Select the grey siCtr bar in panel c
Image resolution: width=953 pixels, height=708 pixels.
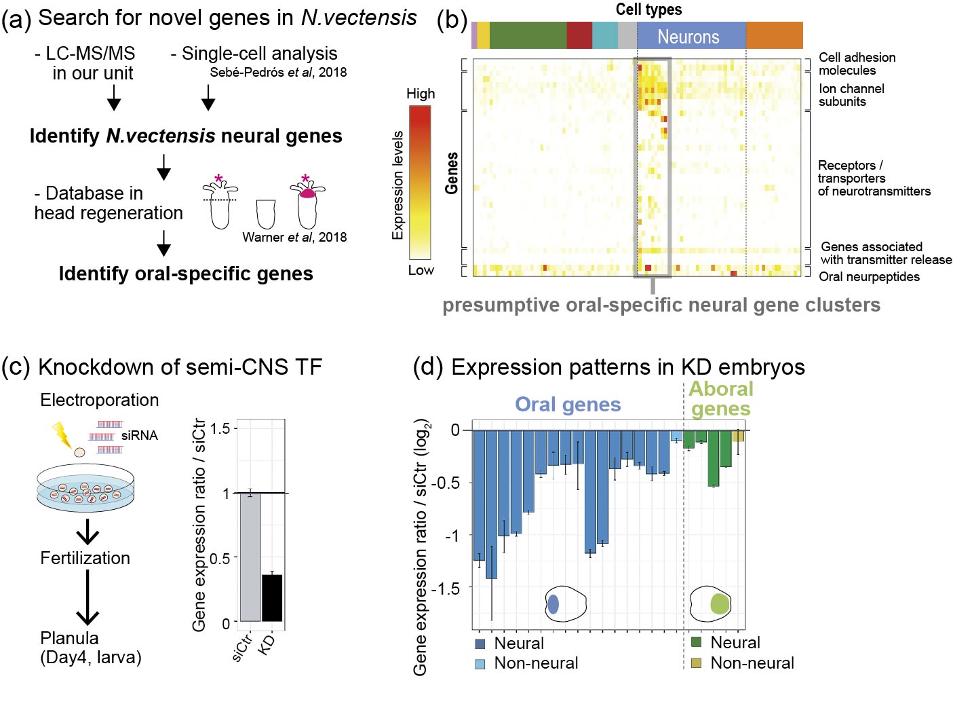pyautogui.click(x=250, y=557)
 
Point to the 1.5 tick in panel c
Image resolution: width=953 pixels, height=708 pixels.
pyautogui.click(x=220, y=428)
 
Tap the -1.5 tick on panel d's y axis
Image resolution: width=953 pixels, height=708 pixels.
pyautogui.click(x=445, y=588)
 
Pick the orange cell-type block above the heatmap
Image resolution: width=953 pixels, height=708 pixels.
pyautogui.click(x=774, y=36)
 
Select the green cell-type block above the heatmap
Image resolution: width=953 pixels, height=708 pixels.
pyautogui.click(x=528, y=36)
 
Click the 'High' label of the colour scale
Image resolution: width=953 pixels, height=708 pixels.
pyautogui.click(x=421, y=94)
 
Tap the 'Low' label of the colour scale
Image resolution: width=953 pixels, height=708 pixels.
pyautogui.click(x=421, y=270)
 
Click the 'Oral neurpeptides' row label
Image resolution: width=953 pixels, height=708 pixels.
pyautogui.click(x=869, y=277)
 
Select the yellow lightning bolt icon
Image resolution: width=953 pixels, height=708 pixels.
pyautogui.click(x=62, y=434)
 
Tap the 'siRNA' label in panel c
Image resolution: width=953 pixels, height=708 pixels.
pyautogui.click(x=139, y=436)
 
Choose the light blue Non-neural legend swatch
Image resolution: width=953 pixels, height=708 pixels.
pyautogui.click(x=480, y=664)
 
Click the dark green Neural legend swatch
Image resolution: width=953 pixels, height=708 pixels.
pyautogui.click(x=696, y=642)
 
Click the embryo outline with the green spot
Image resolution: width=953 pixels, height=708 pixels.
pyautogui.click(x=711, y=603)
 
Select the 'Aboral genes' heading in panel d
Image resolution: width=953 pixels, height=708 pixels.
pyautogui.click(x=720, y=399)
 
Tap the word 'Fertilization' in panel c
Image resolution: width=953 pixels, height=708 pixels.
pyautogui.click(x=85, y=559)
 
